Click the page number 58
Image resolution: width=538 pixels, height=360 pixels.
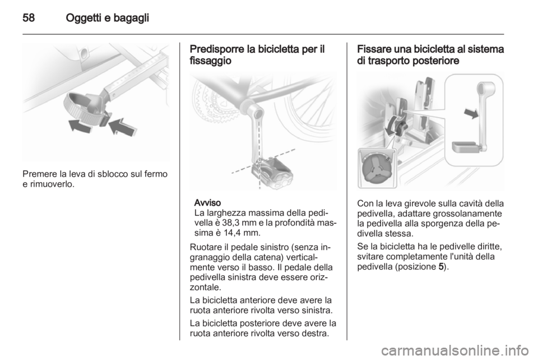(29, 17)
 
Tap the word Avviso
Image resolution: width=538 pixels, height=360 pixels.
(207, 202)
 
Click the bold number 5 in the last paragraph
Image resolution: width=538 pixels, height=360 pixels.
(441, 267)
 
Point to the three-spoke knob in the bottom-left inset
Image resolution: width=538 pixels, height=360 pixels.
(375, 169)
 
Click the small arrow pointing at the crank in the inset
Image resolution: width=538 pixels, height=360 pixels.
(471, 113)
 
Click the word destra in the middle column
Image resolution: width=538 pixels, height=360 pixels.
(316, 333)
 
